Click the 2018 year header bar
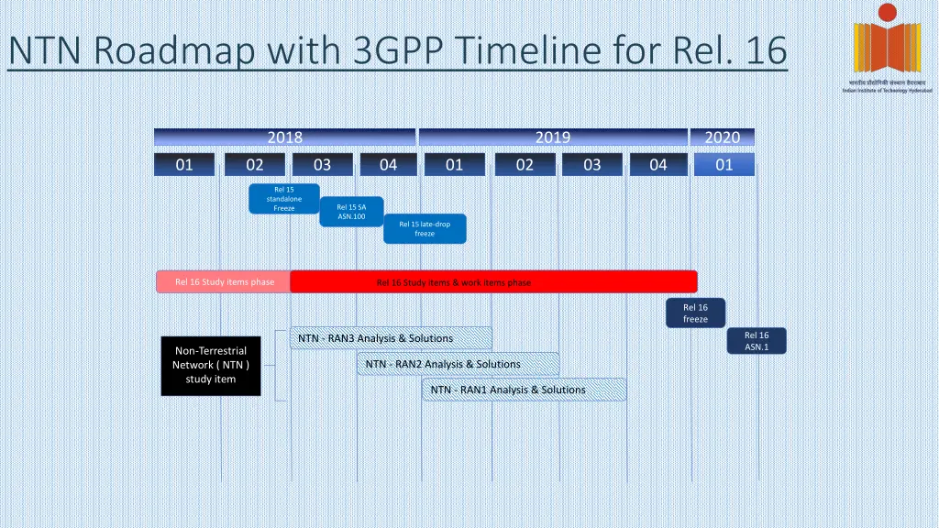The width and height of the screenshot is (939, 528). pos(284,137)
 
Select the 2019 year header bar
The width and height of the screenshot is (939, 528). pos(552,137)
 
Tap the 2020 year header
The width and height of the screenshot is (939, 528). pos(722,137)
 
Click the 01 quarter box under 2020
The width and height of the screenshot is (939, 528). pos(724,165)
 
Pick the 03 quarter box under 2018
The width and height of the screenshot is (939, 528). pos(322,165)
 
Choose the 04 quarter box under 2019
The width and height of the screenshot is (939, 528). pos(658,165)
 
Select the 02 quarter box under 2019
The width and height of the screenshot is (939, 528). pos(525,165)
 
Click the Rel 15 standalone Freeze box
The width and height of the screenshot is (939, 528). pos(284,199)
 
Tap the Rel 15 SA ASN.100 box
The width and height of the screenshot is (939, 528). pos(351,212)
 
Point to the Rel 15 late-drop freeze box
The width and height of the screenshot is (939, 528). pos(425,228)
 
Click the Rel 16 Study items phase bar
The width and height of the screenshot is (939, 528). pos(225,282)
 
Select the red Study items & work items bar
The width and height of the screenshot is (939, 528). pos(493,282)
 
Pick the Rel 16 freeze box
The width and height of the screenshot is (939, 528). pos(695,313)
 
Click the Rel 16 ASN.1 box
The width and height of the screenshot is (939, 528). pos(757,341)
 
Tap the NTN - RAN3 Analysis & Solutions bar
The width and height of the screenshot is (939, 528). pos(391,338)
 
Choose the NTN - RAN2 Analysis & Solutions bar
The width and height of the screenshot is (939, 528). pos(458,364)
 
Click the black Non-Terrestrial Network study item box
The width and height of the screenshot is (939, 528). pos(210,364)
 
